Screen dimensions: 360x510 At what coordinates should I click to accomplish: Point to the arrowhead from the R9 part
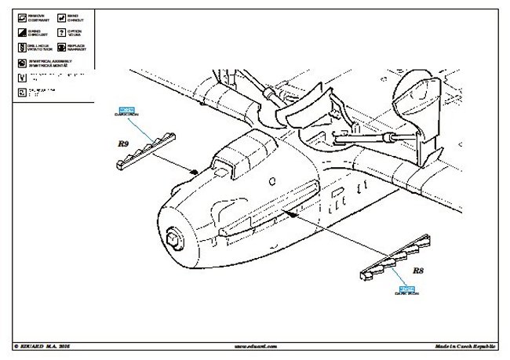[x=194, y=172]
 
